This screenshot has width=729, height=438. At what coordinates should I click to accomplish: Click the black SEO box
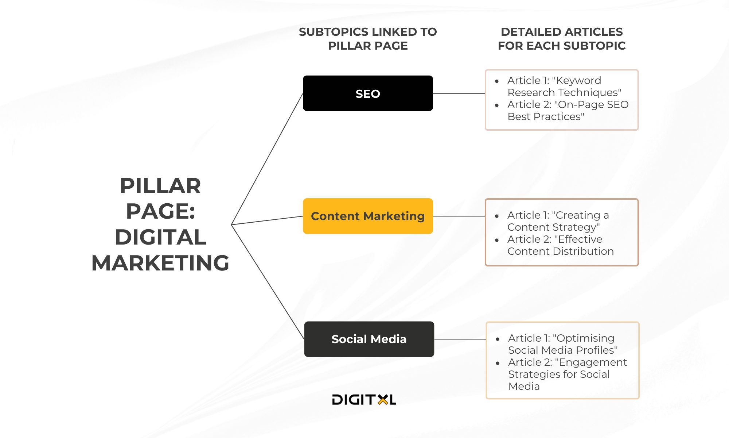coord(368,93)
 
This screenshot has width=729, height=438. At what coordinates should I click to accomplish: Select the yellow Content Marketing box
coord(368,216)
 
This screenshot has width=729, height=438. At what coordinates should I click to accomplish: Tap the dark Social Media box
coord(369,339)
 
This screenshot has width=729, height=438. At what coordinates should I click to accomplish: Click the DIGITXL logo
coord(364,400)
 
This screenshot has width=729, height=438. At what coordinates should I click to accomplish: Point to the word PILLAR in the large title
coord(160,186)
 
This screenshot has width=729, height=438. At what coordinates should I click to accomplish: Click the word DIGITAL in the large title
coord(160,237)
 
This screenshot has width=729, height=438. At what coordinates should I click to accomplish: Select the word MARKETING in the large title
coord(160,263)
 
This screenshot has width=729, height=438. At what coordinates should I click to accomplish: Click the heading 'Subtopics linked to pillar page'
coord(368,39)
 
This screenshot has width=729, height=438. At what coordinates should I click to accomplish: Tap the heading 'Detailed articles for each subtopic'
coord(562,39)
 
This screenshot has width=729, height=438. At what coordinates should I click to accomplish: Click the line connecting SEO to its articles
coord(459,93)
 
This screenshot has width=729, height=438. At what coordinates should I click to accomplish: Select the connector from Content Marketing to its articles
coord(459,216)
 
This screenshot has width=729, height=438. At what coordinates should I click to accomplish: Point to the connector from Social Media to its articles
coord(460,339)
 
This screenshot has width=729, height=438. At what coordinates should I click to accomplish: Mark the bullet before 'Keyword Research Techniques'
coord(497,81)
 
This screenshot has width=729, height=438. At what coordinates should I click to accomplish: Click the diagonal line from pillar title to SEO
coord(267,159)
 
